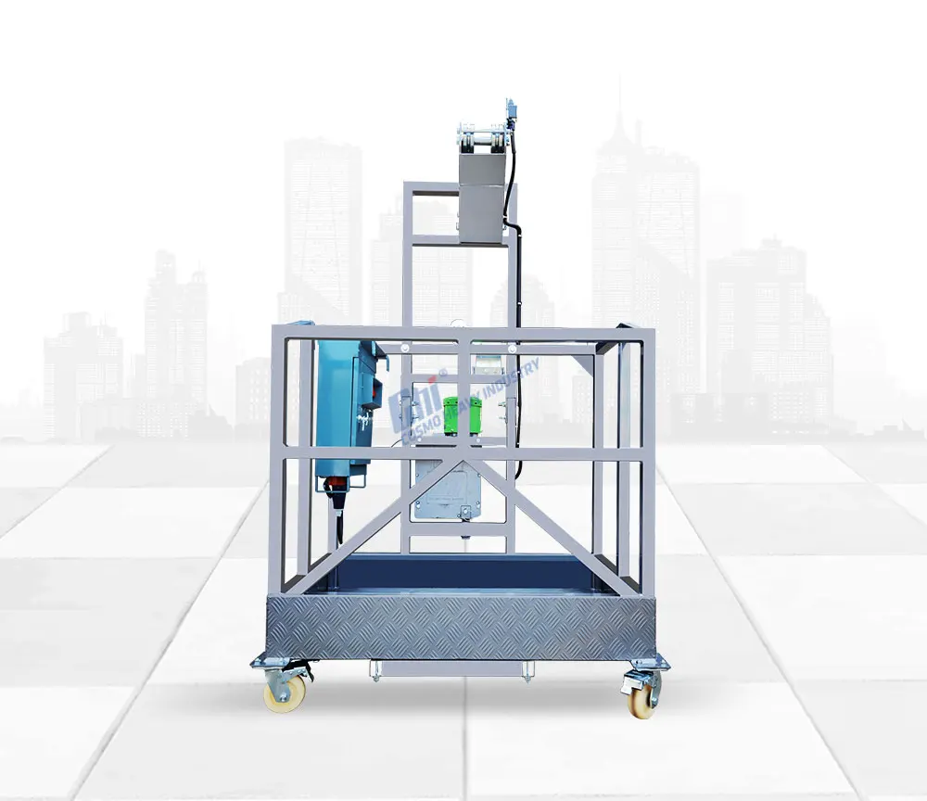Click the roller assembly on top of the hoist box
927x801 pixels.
click(x=482, y=140)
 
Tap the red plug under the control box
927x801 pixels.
click(x=335, y=484)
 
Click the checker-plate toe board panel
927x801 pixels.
click(x=461, y=627)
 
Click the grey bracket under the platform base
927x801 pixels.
click(x=449, y=668)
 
